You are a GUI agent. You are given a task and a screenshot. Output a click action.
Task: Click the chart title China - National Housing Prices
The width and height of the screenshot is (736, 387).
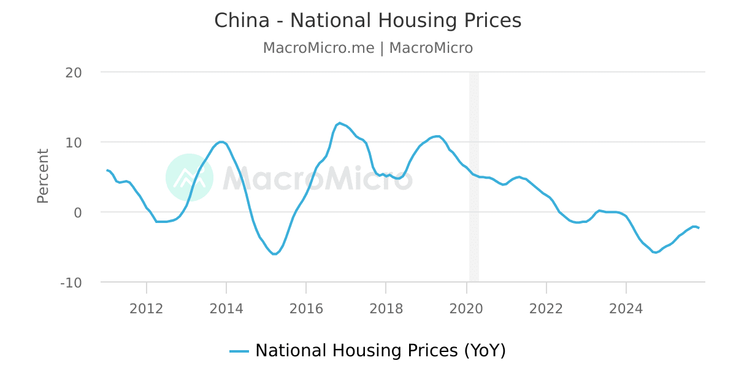[x=367, y=21]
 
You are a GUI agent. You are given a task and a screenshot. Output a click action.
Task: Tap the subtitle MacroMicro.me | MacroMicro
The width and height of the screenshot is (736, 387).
[x=367, y=48]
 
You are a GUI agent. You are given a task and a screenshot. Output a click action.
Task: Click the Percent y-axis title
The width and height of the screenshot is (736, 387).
[x=42, y=176]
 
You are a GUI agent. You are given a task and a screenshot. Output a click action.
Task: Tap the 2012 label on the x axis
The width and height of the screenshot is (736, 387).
[x=147, y=308]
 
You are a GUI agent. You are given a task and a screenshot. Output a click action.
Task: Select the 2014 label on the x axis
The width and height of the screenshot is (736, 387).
[x=226, y=308]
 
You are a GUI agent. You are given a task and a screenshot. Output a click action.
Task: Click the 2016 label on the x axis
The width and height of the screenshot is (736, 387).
[x=306, y=308]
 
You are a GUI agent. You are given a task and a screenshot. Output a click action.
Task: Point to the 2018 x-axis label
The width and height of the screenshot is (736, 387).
[x=386, y=308]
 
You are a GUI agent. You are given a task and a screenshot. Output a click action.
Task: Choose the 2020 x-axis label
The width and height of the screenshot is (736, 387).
[x=466, y=308]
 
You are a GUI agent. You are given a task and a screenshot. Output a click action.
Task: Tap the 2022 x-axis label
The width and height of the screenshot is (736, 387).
[x=546, y=308]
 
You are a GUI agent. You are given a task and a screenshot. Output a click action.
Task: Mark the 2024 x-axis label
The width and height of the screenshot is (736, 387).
[x=626, y=308]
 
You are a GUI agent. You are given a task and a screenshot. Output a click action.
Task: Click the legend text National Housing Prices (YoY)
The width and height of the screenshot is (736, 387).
[x=380, y=351]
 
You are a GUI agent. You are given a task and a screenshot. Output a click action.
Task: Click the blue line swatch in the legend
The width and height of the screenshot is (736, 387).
[x=239, y=351]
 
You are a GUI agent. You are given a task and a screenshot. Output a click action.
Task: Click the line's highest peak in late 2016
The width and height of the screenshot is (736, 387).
[x=340, y=123]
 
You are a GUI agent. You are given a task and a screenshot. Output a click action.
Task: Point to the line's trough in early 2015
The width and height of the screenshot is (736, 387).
[x=274, y=254]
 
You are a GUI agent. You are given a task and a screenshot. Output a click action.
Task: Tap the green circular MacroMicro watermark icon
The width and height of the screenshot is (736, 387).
[x=190, y=178]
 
